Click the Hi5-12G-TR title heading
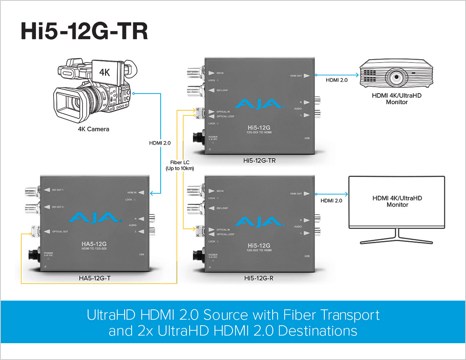[x=84, y=32]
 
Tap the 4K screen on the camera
[x=105, y=72]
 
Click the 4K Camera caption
[x=94, y=129]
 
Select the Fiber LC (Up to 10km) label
[x=180, y=165]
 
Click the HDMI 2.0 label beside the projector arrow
[x=336, y=80]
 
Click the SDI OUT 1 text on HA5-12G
[x=58, y=189]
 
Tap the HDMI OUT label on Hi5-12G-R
[x=296, y=194]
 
